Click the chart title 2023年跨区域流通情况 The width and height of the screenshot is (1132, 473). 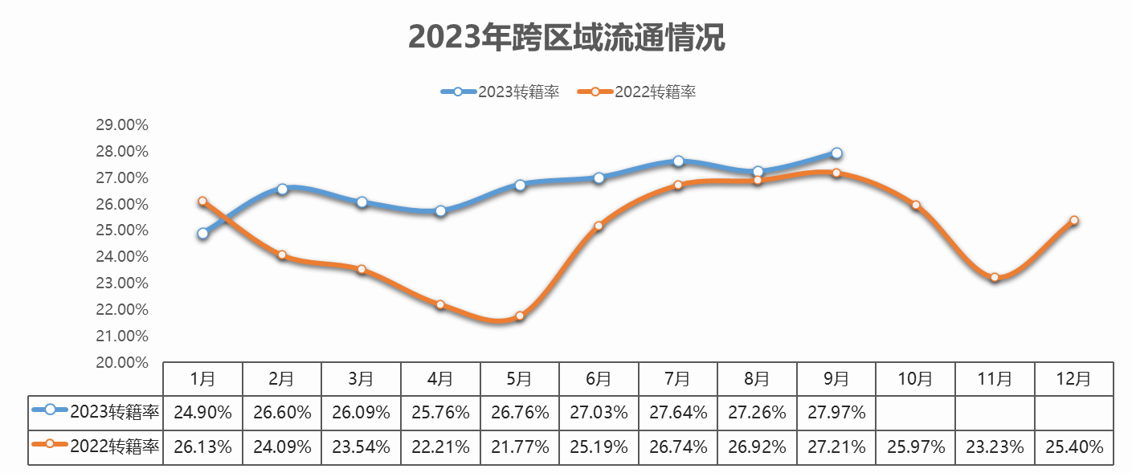[x=566, y=37]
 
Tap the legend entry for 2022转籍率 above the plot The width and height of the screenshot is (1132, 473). [x=638, y=92]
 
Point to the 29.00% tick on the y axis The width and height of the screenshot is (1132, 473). [x=122, y=125]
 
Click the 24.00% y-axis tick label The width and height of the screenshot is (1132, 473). [x=122, y=257]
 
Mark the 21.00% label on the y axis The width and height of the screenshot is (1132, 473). [x=122, y=336]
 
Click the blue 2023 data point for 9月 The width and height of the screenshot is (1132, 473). [x=836, y=153]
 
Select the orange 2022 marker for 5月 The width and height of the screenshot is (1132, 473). [x=520, y=316]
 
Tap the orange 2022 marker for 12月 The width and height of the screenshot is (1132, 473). [x=1074, y=220]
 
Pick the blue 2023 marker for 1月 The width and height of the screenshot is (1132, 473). [x=202, y=234]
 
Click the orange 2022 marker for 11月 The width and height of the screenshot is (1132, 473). [x=995, y=278]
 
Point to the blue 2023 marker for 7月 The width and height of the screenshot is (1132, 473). [x=678, y=161]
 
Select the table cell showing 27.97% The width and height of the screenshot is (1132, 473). [x=836, y=413]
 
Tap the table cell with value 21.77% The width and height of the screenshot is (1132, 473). [x=520, y=447]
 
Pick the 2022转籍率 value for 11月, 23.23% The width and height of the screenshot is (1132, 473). [x=995, y=447]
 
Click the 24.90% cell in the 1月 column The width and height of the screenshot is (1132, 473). [x=202, y=413]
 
